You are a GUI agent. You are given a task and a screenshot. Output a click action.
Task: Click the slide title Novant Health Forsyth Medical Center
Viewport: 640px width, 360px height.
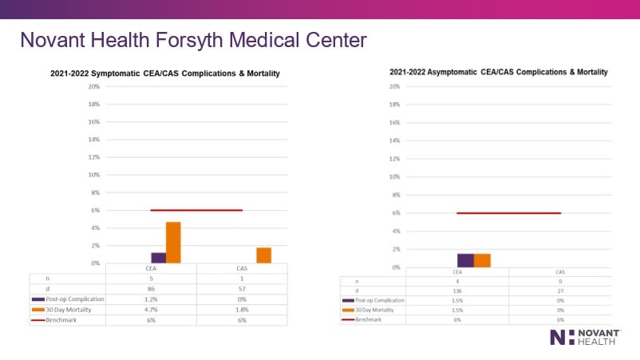192,39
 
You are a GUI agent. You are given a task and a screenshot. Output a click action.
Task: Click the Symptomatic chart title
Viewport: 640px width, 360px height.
165,73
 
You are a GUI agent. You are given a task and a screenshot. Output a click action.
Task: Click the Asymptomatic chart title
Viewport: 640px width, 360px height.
499,72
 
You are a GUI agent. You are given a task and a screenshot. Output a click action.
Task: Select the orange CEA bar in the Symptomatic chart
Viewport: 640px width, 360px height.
173,243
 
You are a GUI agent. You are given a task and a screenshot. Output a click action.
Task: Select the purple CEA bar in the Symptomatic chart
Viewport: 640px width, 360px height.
158,258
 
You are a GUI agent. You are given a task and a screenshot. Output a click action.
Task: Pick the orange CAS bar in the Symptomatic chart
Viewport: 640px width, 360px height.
263,255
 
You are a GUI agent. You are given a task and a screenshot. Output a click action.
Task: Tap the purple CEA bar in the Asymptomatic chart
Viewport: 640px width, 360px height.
465,260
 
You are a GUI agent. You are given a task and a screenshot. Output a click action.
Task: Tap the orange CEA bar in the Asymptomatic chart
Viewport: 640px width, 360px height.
482,260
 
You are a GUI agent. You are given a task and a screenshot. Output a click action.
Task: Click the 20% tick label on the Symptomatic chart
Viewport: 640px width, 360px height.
93,86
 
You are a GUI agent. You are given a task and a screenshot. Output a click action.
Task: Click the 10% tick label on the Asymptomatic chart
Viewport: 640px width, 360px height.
393,176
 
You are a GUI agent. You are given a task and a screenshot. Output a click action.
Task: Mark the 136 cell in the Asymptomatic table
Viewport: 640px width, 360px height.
457,291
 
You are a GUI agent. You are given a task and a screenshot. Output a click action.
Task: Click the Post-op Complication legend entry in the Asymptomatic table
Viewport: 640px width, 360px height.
374,300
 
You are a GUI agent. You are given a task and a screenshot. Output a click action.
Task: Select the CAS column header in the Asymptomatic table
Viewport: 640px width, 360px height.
559,271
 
